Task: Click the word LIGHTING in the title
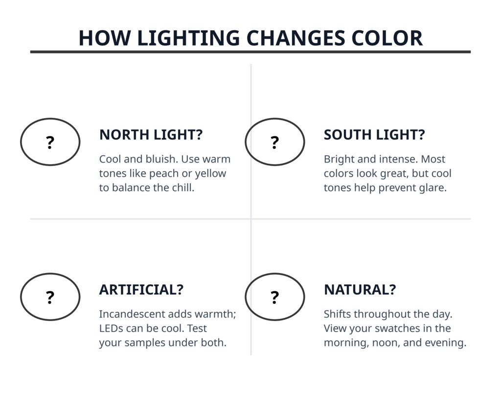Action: pyautogui.click(x=188, y=38)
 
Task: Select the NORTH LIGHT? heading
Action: pyautogui.click(x=151, y=135)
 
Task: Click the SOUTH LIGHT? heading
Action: pyautogui.click(x=374, y=135)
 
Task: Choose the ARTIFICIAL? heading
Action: pyautogui.click(x=141, y=290)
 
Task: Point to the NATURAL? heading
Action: pyautogui.click(x=360, y=290)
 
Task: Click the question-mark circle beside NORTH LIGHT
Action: pyautogui.click(x=50, y=119)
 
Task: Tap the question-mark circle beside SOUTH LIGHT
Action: pyautogui.click(x=275, y=119)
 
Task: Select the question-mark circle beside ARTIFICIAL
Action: pyautogui.click(x=50, y=274)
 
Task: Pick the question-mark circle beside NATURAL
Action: pyautogui.click(x=275, y=274)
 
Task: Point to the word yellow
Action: pyautogui.click(x=210, y=174)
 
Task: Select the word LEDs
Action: pyautogui.click(x=110, y=328)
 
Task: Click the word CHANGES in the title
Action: pyautogui.click(x=296, y=38)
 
